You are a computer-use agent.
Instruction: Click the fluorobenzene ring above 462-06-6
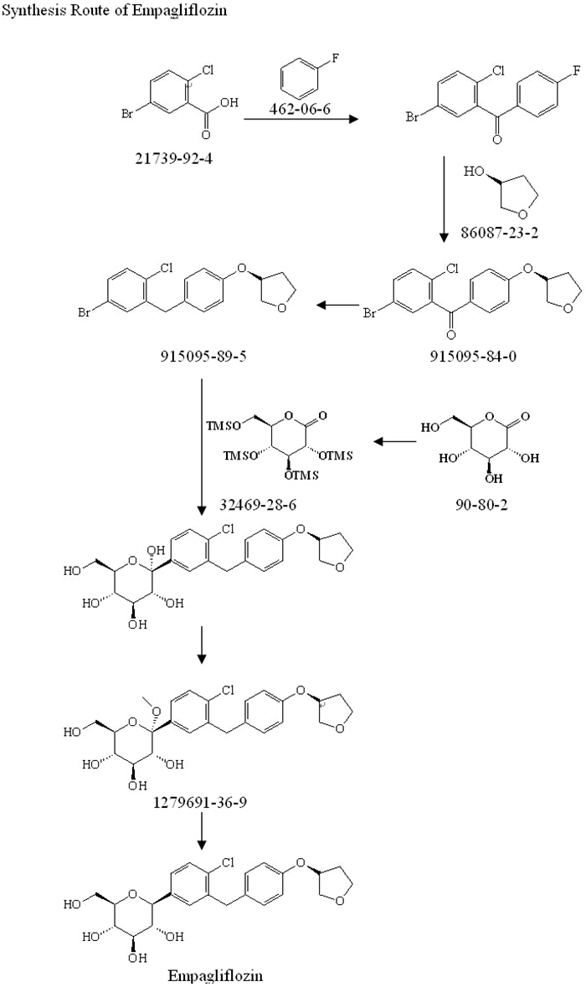pyautogui.click(x=299, y=78)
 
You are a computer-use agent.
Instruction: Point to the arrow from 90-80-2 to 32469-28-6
pyautogui.click(x=394, y=440)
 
